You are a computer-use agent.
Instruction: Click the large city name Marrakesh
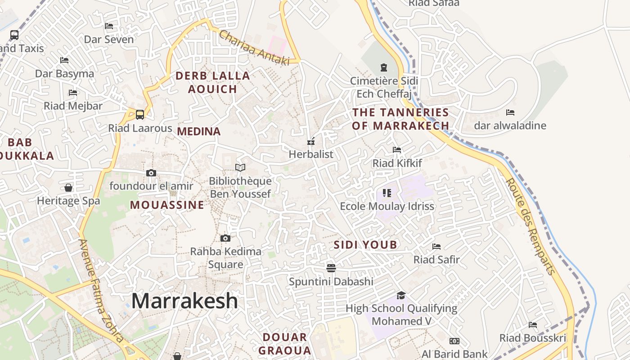184,301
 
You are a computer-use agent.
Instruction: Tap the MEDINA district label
199,131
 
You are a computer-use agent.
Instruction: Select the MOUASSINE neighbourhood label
167,205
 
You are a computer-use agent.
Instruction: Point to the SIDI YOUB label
365,245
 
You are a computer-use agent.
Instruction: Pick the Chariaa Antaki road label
254,48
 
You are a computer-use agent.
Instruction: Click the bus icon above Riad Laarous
140,115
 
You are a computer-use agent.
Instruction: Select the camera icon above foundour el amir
151,173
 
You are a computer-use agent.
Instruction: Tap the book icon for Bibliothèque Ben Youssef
240,167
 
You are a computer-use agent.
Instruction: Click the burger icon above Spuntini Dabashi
331,268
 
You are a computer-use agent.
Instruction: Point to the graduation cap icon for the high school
401,295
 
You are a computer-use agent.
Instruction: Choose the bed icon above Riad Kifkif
397,150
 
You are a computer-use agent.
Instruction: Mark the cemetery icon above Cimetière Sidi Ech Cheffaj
384,67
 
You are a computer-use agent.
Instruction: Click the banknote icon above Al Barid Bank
454,341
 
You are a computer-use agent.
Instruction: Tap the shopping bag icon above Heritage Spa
68,187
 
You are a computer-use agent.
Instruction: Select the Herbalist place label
311,154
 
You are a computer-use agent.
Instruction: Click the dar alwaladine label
510,126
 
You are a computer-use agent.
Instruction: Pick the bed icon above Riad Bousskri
533,325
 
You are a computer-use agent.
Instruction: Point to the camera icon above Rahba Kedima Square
225,238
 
